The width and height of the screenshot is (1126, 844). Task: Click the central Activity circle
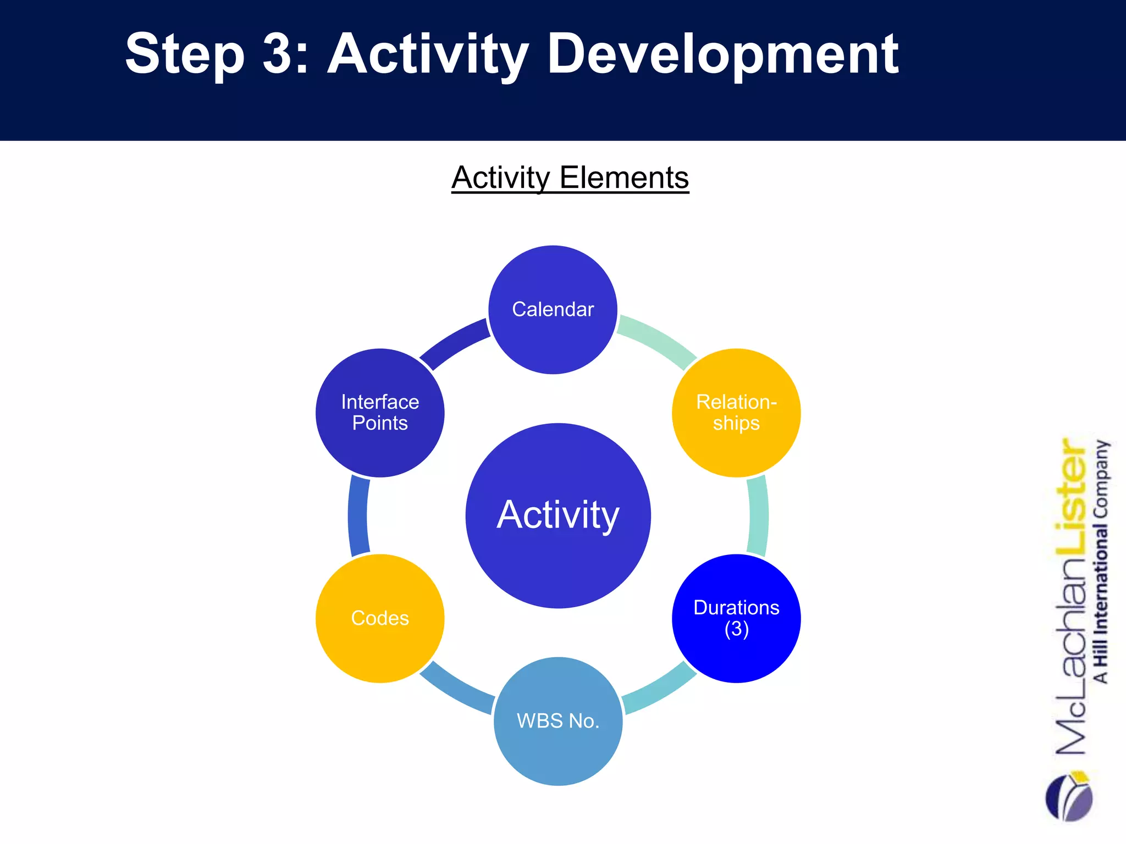(558, 515)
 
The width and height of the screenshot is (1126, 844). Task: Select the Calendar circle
(553, 309)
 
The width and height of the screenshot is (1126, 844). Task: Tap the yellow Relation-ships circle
(736, 413)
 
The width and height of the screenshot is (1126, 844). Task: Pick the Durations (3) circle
(736, 618)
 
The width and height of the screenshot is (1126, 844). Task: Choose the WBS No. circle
(558, 721)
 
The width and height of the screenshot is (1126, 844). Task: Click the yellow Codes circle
(380, 618)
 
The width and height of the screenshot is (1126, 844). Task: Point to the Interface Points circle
(380, 413)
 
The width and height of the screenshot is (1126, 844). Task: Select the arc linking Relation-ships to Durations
(758, 515)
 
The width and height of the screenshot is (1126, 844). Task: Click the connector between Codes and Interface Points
(358, 515)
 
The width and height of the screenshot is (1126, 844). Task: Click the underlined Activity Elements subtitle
(570, 178)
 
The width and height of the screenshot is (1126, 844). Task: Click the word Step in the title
(185, 55)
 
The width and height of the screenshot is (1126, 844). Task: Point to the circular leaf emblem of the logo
(1069, 797)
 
